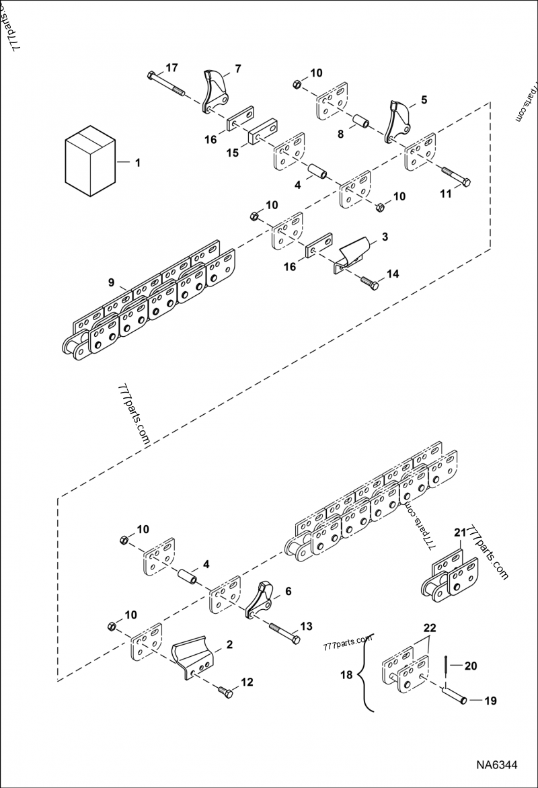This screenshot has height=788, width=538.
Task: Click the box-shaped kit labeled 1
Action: [x=89, y=161]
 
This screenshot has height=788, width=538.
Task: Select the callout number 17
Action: [x=171, y=67]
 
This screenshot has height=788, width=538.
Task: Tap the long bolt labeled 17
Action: [x=167, y=84]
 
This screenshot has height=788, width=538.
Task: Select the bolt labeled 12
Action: [x=227, y=691]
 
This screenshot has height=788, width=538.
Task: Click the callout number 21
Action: [x=459, y=533]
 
